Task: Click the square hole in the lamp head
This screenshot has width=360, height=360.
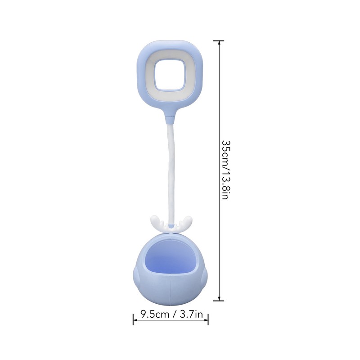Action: click(170, 75)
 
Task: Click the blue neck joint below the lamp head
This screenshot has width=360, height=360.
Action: click(170, 119)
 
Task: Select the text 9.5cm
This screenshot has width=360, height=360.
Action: click(155, 314)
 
